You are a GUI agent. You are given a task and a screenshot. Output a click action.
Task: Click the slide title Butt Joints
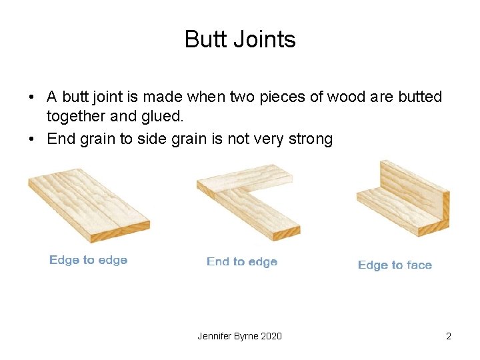(x=240, y=39)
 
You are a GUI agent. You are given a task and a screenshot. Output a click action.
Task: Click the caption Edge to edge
(x=88, y=260)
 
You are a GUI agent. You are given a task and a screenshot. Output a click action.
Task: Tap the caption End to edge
(x=241, y=261)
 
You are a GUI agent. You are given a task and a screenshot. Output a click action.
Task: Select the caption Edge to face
(x=395, y=265)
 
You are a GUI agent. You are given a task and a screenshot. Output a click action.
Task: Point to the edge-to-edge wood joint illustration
(x=89, y=203)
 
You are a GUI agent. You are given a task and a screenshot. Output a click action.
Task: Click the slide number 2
(x=449, y=336)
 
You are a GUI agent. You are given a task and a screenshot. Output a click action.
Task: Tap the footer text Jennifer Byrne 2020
(x=239, y=336)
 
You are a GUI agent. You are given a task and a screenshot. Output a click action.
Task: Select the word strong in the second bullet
(x=310, y=139)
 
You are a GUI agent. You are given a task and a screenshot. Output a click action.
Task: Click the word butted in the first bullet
(x=420, y=97)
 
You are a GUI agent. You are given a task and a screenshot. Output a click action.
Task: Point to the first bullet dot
(x=31, y=97)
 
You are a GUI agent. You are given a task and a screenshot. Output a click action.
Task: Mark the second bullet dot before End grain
(x=31, y=139)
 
